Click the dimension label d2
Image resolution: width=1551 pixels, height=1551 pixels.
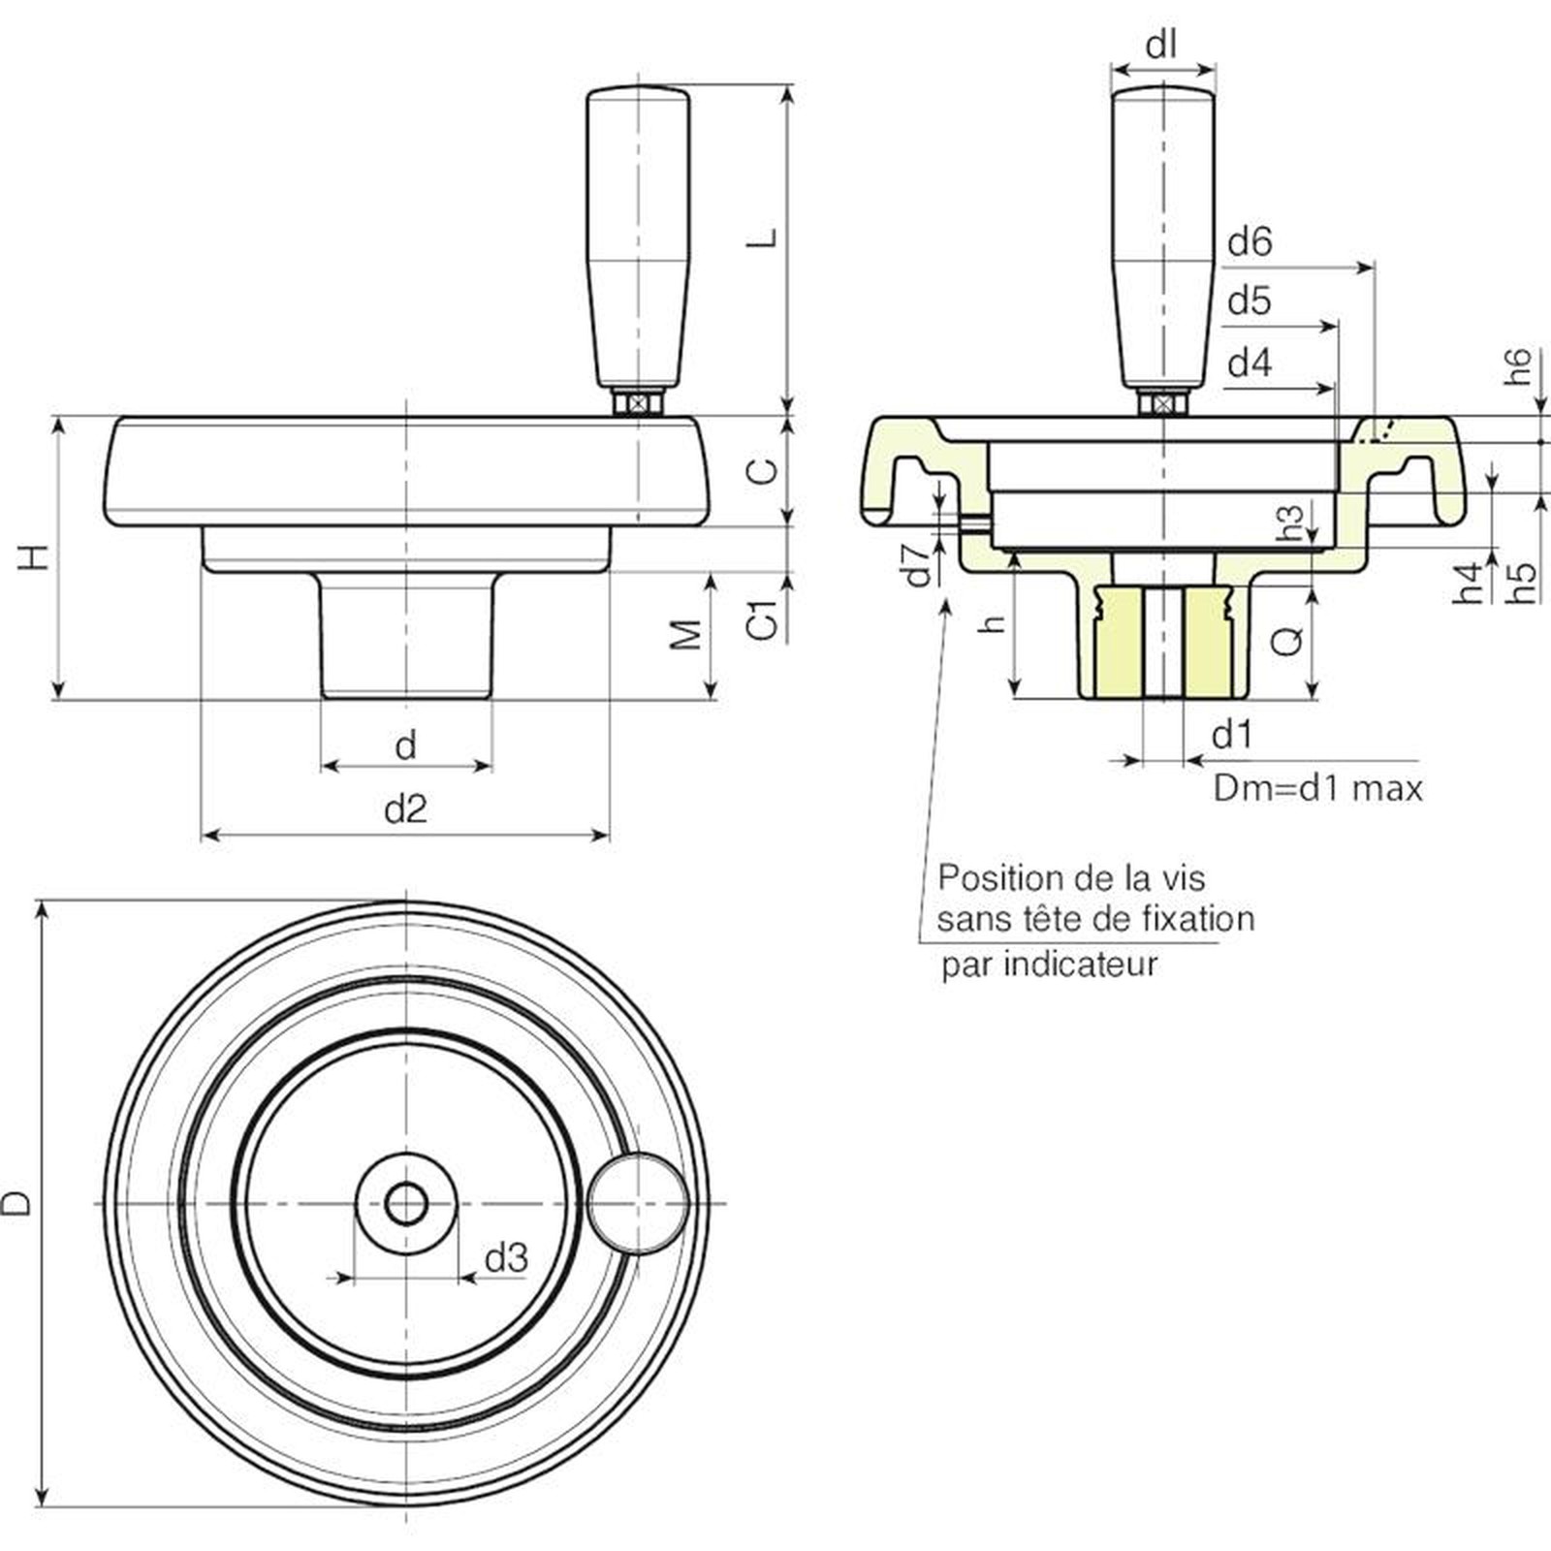(405, 808)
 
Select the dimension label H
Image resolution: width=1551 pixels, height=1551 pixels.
(36, 557)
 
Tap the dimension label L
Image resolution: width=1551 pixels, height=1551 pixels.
(766, 237)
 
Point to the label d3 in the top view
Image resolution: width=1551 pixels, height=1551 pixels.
(506, 1258)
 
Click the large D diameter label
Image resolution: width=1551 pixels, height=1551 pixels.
(17, 1203)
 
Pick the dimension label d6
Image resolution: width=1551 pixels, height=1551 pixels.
(1249, 242)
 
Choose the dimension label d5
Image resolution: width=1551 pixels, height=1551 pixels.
(1249, 301)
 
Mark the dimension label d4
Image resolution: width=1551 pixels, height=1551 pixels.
(1249, 364)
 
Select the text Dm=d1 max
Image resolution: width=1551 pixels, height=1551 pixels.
(1318, 788)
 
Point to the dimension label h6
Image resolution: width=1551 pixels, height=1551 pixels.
(1519, 366)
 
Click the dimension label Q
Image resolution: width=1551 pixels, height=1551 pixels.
(1288, 640)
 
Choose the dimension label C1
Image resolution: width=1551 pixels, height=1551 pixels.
(764, 620)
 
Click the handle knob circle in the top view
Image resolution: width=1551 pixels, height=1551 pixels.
(638, 1203)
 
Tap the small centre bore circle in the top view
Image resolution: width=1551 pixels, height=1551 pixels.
(405, 1204)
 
